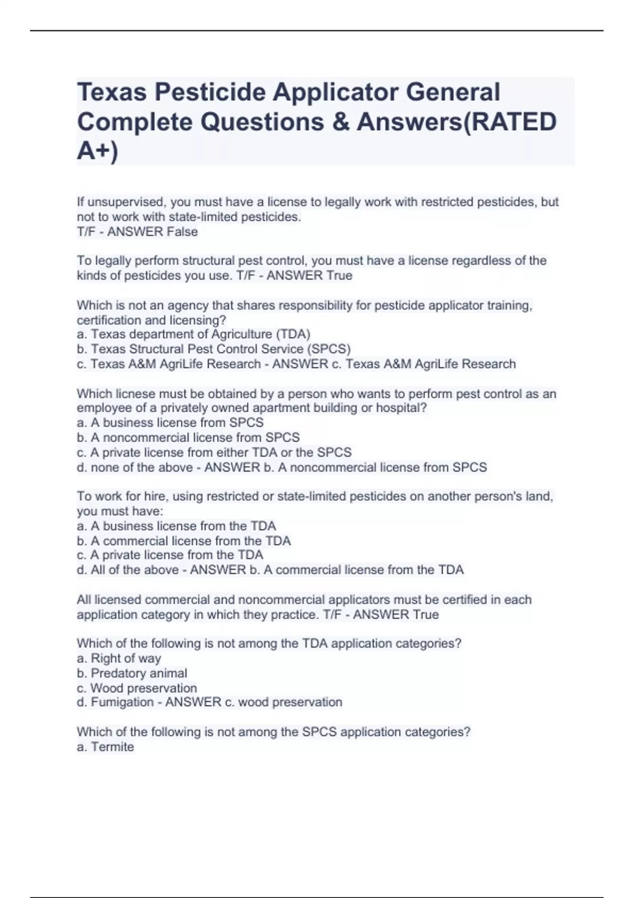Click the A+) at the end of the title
coord(98,152)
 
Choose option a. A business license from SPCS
coord(170,423)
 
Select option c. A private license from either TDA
coord(214,453)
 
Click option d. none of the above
coord(135,467)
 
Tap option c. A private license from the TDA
coord(170,555)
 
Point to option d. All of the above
coord(128,570)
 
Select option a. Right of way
coord(119,658)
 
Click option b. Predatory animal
coord(132,673)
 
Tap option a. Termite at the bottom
coord(106,747)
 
